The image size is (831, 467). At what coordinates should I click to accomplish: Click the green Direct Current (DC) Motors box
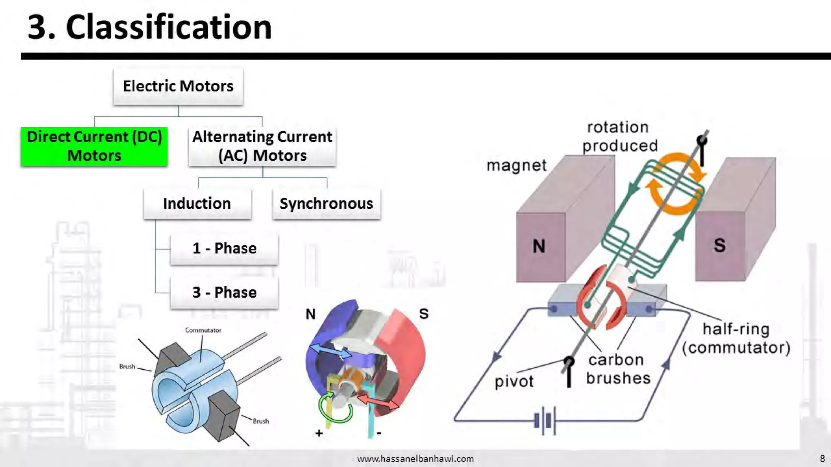tap(94, 146)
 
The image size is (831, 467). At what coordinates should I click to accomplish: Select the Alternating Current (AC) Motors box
tap(262, 146)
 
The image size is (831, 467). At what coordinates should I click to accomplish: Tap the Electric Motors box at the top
tap(178, 86)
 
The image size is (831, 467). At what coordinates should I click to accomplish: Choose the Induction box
tap(197, 204)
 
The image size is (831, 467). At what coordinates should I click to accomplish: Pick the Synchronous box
tap(326, 204)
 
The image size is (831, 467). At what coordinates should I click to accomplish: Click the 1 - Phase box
tap(224, 248)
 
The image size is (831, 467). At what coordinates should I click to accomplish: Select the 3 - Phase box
tap(224, 292)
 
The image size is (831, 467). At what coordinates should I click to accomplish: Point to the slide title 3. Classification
tap(149, 27)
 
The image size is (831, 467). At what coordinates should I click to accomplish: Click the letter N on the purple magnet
tap(539, 246)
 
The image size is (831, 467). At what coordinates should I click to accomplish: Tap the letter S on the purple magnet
tap(719, 245)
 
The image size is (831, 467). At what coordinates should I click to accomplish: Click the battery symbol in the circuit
tap(545, 421)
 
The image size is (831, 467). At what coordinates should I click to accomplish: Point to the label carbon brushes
tap(618, 369)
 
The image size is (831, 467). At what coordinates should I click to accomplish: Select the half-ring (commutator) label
tap(736, 338)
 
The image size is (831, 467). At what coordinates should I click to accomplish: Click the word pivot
tap(514, 381)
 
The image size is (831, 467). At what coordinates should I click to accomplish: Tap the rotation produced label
tap(619, 137)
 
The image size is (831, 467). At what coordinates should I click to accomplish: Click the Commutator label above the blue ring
tap(203, 330)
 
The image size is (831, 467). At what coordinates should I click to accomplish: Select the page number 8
tap(822, 458)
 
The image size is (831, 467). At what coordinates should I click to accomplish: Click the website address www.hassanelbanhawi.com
tap(415, 458)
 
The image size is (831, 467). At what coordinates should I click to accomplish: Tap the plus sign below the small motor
tap(319, 433)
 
